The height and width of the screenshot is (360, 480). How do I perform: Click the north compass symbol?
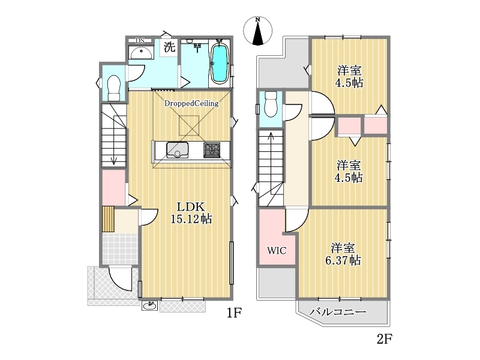pyautogui.click(x=258, y=31)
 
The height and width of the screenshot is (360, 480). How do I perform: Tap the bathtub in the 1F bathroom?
pyautogui.click(x=219, y=64)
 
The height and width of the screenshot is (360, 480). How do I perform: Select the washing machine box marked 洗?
pyautogui.click(x=170, y=47)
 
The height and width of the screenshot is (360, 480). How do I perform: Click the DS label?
pyautogui.click(x=140, y=41)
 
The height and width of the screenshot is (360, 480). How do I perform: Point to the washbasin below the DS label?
pyautogui.click(x=141, y=53)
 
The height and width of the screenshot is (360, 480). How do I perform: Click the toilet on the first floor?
pyautogui.click(x=114, y=88)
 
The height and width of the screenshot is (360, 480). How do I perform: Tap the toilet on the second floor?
pyautogui.click(x=271, y=104)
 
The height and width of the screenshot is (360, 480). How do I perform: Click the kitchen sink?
pyautogui.click(x=177, y=151)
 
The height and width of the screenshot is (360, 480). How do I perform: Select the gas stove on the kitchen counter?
pyautogui.click(x=212, y=150)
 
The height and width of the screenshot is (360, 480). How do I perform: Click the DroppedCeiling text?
pyautogui.click(x=191, y=103)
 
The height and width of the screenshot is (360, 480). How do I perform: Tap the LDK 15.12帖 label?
pyautogui.click(x=191, y=213)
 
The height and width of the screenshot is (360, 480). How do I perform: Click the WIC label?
pyautogui.click(x=277, y=251)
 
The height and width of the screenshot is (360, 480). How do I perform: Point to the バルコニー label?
pyautogui.click(x=338, y=312)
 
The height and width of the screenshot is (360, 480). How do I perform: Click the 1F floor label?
pyautogui.click(x=234, y=313)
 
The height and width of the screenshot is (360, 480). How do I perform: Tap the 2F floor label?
pyautogui.click(x=385, y=339)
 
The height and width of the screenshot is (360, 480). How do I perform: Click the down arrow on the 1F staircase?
pyautogui.click(x=114, y=136)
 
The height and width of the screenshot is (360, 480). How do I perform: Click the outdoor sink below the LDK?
pyautogui.click(x=150, y=305)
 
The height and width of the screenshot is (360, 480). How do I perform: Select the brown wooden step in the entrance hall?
pyautogui.click(x=108, y=219)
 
